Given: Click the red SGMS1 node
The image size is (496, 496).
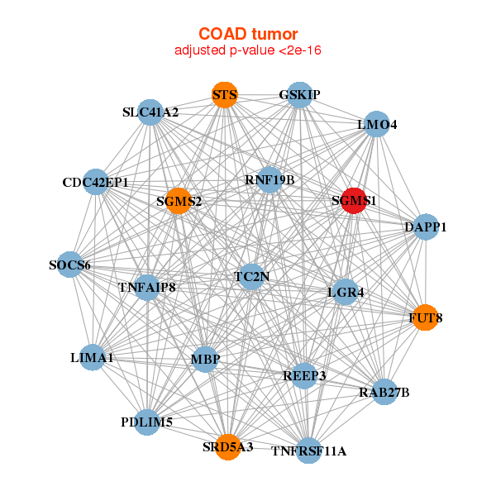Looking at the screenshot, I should (x=353, y=201).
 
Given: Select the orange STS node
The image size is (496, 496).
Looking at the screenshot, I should (x=224, y=95).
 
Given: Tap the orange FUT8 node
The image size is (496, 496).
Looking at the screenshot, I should (x=424, y=317).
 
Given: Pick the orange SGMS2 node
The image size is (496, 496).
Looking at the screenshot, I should (x=179, y=201).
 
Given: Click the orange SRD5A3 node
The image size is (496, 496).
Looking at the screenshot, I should (x=227, y=447).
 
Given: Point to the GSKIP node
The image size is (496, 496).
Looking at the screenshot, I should (x=299, y=95).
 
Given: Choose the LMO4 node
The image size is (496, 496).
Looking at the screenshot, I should (x=377, y=125).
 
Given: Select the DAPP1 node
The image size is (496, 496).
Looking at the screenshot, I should (x=425, y=227).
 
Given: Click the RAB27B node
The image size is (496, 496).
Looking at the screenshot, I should (x=384, y=391).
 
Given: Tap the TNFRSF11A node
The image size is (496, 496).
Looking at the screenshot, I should (x=308, y=451).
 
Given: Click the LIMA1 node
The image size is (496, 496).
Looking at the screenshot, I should (x=93, y=358).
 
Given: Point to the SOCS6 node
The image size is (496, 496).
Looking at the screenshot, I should (x=70, y=265).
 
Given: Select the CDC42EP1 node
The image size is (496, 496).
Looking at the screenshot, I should (x=96, y=182).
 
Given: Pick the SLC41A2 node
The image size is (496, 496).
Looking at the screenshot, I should (x=150, y=112).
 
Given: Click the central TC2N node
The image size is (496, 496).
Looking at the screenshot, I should (x=251, y=276).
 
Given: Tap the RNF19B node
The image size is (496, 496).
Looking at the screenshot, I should (x=269, y=179).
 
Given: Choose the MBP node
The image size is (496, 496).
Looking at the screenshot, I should (x=205, y=359).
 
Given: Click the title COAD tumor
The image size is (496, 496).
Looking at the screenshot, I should (x=248, y=34).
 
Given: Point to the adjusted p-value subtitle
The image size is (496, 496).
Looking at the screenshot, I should (x=248, y=50).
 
